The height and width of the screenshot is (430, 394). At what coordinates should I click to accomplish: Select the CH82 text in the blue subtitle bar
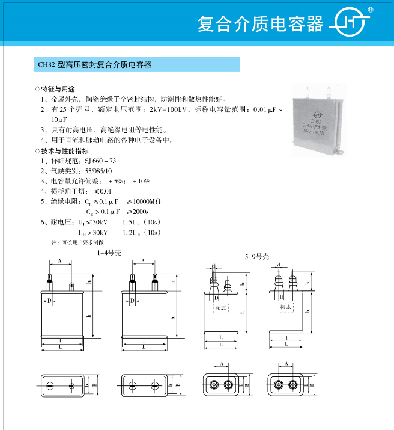[x=47, y=64]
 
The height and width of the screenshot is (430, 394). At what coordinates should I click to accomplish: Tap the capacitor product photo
[x=318, y=121]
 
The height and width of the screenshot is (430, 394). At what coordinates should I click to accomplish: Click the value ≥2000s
[x=138, y=212]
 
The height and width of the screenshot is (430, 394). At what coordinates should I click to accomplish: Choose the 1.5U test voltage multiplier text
[x=135, y=222]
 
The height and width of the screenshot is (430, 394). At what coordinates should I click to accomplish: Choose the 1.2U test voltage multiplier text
[x=135, y=232]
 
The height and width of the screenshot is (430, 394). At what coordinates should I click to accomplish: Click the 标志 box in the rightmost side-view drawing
[x=285, y=307]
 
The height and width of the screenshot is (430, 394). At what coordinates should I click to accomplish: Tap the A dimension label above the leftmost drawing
[x=59, y=261]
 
